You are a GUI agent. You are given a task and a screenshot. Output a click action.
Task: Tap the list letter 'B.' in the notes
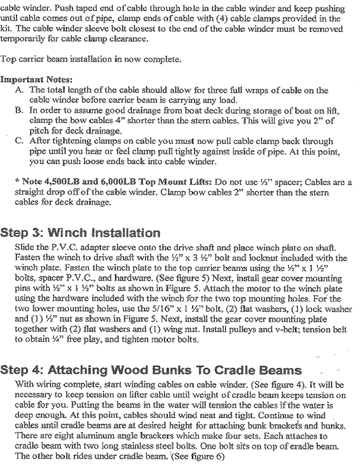click(20, 110)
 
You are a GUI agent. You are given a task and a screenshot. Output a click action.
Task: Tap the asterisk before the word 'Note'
click(18, 182)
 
